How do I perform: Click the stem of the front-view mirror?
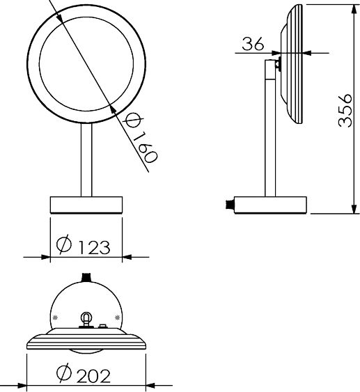coord(86,159)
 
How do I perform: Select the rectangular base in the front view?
coord(86,205)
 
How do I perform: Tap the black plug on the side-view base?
coord(227,205)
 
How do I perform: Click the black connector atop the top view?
coord(86,277)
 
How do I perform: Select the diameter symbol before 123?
coord(63,245)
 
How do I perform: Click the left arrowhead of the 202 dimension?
coord(31,384)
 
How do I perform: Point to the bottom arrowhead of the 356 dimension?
coord(352,211)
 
